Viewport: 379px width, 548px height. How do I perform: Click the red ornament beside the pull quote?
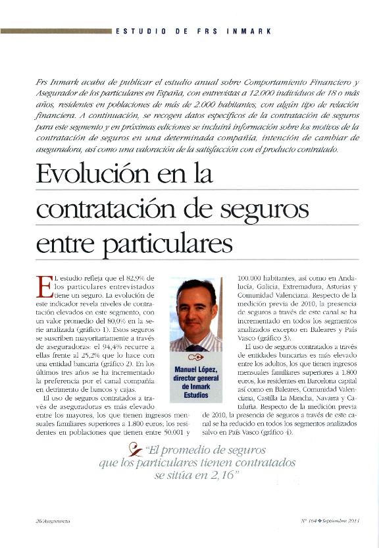point(135,451)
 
